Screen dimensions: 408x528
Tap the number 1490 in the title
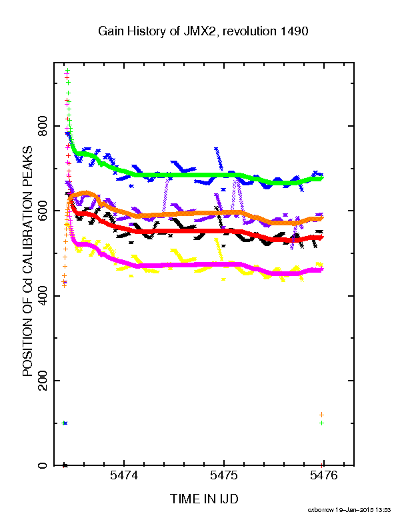click(x=294, y=31)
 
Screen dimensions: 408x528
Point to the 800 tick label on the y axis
click(x=43, y=126)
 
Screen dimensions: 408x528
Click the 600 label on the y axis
click(x=43, y=211)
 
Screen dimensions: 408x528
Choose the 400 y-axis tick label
click(x=43, y=295)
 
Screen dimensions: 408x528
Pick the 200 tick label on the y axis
click(x=43, y=381)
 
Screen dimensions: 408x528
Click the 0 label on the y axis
click(x=43, y=465)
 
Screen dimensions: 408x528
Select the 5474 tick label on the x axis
click(x=124, y=475)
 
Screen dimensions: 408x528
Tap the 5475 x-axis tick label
click(x=224, y=475)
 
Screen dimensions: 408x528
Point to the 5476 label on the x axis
click(x=323, y=475)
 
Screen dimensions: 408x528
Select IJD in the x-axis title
click(x=229, y=499)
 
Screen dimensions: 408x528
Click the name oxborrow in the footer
click(x=321, y=510)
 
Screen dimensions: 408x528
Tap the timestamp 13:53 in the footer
click(x=383, y=510)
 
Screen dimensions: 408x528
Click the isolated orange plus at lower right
click(x=322, y=415)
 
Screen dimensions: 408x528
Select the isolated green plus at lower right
click(x=322, y=423)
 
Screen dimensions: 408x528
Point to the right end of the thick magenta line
click(x=323, y=269)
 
